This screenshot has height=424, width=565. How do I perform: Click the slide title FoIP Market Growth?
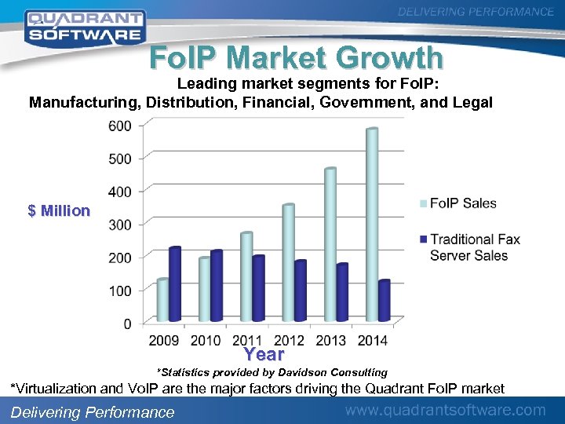point(297,58)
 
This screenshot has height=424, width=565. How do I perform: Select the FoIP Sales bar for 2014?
point(372,225)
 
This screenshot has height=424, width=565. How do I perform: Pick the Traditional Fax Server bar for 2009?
point(174,284)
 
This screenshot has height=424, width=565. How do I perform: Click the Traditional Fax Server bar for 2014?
point(384,301)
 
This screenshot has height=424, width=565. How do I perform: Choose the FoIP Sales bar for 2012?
point(288,262)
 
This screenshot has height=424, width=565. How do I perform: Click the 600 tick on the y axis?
point(120,126)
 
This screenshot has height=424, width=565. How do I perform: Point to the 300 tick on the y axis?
point(120,225)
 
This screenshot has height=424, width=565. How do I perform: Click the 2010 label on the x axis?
point(206,340)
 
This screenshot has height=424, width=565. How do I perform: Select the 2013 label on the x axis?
point(330,340)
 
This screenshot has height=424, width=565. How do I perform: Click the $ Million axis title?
point(59,210)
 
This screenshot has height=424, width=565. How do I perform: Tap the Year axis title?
point(264,354)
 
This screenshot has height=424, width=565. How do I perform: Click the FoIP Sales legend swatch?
point(424,204)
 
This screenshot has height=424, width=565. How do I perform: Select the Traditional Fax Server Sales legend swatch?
point(424,239)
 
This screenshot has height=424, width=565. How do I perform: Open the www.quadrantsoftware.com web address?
point(446,410)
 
